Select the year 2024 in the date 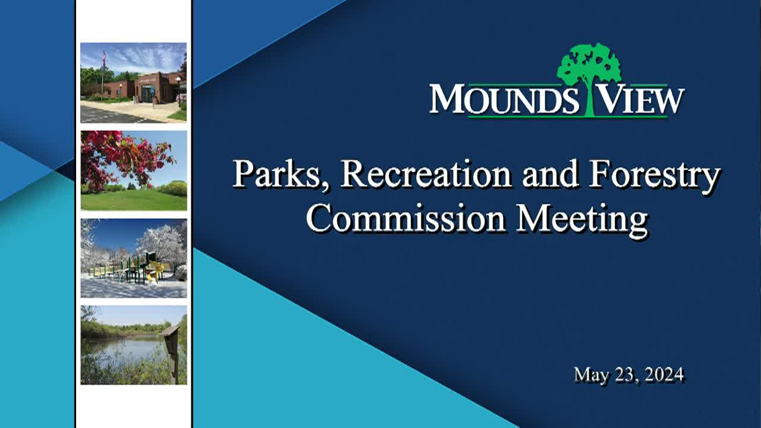tap(663, 374)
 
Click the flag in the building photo tap(103, 58)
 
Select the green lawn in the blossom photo tap(133, 200)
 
